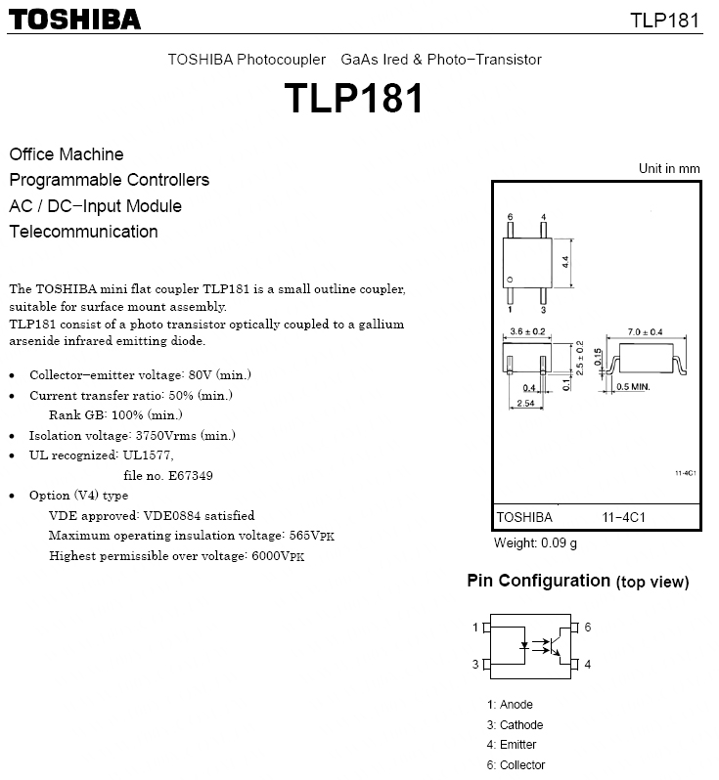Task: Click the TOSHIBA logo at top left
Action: [75, 19]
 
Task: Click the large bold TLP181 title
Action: [354, 99]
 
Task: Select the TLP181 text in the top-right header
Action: [665, 21]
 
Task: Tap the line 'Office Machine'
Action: [67, 154]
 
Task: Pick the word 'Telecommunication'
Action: [83, 232]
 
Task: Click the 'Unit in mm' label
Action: [669, 168]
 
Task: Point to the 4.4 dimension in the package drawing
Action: [565, 262]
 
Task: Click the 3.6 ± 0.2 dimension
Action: [528, 332]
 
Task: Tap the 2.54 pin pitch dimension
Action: [526, 403]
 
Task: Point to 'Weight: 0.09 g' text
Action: [535, 542]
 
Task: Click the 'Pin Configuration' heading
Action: [538, 581]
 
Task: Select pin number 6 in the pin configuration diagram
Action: [587, 628]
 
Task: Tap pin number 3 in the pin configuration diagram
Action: [475, 665]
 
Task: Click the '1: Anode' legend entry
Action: [510, 705]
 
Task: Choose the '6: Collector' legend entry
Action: [516, 765]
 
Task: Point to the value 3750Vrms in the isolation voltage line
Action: [180, 435]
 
